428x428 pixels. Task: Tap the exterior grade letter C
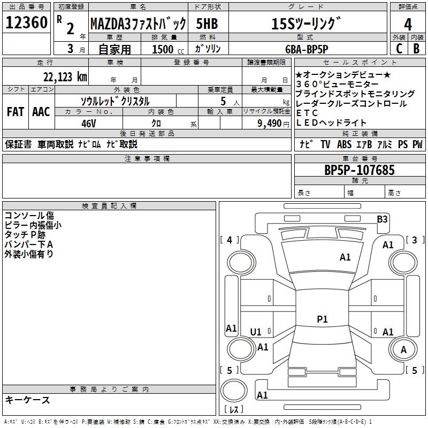pyautogui.click(x=399, y=48)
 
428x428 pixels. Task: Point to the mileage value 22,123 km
pyautogui.click(x=65, y=77)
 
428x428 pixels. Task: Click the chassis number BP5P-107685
pyautogui.click(x=360, y=170)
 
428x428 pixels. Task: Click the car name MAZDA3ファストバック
pyautogui.click(x=138, y=24)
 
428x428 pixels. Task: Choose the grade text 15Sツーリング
pyautogui.click(x=305, y=24)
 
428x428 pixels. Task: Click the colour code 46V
pyautogui.click(x=88, y=123)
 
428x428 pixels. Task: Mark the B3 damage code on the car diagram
pyautogui.click(x=382, y=219)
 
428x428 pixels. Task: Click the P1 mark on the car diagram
pyautogui.click(x=322, y=319)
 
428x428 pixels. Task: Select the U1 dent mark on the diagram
pyautogui.click(x=256, y=332)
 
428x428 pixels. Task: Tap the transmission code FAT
pyautogui.click(x=16, y=111)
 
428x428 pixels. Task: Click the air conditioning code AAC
pyautogui.click(x=41, y=111)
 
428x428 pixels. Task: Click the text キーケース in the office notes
pyautogui.click(x=27, y=400)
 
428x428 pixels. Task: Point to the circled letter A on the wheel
pyautogui.click(x=403, y=349)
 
